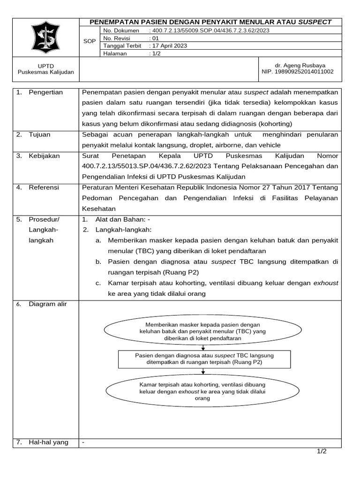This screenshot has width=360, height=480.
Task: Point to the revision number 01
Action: click(x=155, y=38)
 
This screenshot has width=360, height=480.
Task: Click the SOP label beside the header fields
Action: click(x=89, y=41)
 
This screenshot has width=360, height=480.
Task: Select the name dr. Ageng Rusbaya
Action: click(x=300, y=65)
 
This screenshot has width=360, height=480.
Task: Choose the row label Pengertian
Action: click(x=45, y=92)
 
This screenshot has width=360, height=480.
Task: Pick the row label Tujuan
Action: click(x=40, y=135)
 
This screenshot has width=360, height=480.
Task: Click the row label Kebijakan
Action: click(x=44, y=156)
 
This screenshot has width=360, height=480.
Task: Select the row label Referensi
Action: click(x=44, y=187)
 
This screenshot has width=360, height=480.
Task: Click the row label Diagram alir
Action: click(x=47, y=304)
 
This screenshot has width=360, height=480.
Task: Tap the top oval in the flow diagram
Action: click(x=203, y=331)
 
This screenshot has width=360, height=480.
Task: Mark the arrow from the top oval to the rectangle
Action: click(x=203, y=347)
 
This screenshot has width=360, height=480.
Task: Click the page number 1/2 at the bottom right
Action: click(x=322, y=451)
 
